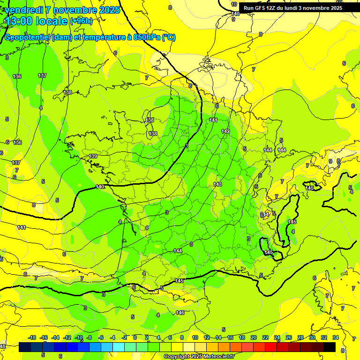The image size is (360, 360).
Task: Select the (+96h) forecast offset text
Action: click(81, 21)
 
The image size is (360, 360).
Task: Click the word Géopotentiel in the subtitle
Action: click(27, 37)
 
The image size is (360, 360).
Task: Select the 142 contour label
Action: click(225, 132)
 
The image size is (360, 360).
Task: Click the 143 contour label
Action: click(217, 184)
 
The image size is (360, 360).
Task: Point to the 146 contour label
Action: click(180, 313)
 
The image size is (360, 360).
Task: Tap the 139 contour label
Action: click(93, 156)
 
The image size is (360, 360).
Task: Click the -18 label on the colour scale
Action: click(32, 337)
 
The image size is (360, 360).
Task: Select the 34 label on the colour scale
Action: click(336, 337)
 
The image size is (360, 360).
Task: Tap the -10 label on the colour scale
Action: click(79, 337)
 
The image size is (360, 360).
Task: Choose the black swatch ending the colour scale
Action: click(330, 347)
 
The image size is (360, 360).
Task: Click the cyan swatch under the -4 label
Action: click(119, 347)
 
